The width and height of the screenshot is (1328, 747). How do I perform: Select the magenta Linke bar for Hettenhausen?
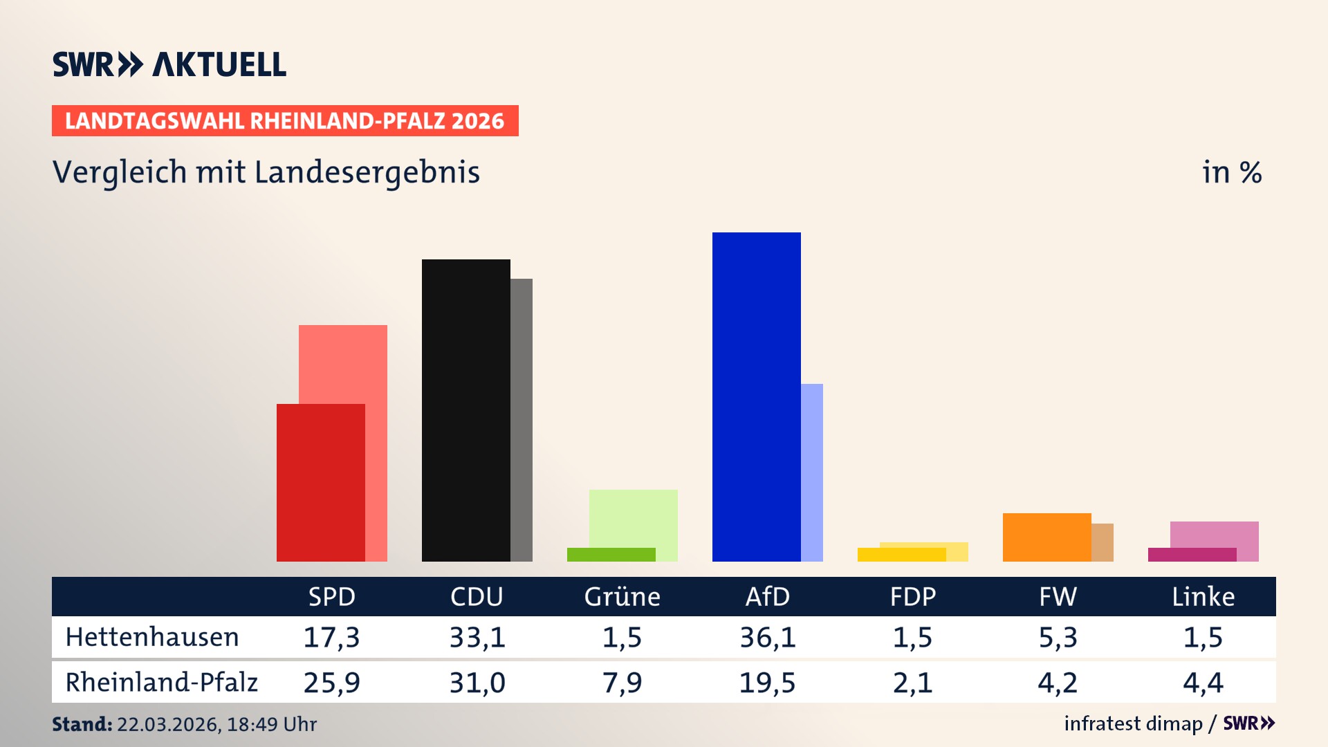(x=1192, y=555)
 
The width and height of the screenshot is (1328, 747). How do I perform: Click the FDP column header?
(x=912, y=596)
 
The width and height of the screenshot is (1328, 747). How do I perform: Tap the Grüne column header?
(x=622, y=596)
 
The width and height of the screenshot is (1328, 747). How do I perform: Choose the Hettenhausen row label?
(x=152, y=637)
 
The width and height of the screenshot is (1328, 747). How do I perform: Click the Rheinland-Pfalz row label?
(x=161, y=682)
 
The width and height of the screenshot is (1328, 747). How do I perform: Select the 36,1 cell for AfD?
(x=767, y=637)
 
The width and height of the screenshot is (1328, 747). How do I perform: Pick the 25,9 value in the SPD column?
(x=331, y=683)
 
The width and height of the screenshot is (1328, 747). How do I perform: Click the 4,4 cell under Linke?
(x=1203, y=683)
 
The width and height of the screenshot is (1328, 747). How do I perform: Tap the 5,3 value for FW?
(x=1058, y=637)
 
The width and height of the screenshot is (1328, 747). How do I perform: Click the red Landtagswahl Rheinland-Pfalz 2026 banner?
(x=285, y=121)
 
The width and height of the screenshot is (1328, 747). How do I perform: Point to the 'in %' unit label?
(x=1231, y=172)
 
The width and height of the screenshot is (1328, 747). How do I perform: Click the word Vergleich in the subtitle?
(x=120, y=172)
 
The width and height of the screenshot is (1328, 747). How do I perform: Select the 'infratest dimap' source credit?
(x=1133, y=723)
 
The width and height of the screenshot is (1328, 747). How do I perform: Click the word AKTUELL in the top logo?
(x=219, y=64)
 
